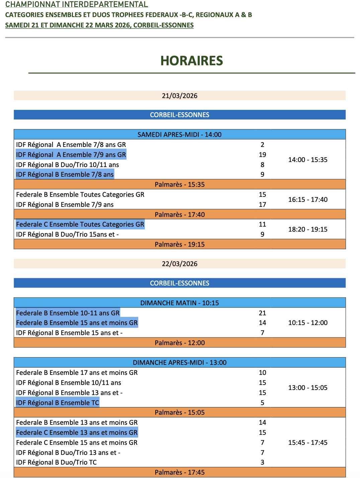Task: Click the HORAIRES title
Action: click(x=191, y=61)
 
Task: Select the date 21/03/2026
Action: click(x=180, y=96)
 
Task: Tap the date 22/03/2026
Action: click(x=180, y=264)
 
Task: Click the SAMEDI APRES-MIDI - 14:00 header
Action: click(x=180, y=135)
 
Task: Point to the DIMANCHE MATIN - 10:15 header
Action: click(x=180, y=303)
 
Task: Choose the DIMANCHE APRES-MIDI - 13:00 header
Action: click(x=180, y=363)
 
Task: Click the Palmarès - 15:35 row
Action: click(x=180, y=184)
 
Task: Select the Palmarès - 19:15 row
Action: click(x=180, y=244)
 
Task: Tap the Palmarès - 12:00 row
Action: click(x=180, y=343)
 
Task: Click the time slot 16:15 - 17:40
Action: click(x=308, y=200)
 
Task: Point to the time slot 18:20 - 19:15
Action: click(x=308, y=229)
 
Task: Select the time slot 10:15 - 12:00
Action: click(x=308, y=323)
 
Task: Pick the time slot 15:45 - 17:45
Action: click(x=308, y=443)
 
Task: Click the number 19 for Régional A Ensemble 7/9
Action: click(x=262, y=155)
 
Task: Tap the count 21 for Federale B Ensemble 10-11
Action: click(x=262, y=313)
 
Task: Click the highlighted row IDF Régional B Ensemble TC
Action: click(x=58, y=403)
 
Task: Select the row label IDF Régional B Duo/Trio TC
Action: click(x=56, y=462)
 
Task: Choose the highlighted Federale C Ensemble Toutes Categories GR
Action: click(x=80, y=224)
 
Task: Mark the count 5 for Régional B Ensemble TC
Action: click(x=262, y=403)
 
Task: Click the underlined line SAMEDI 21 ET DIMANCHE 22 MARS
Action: click(x=99, y=25)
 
